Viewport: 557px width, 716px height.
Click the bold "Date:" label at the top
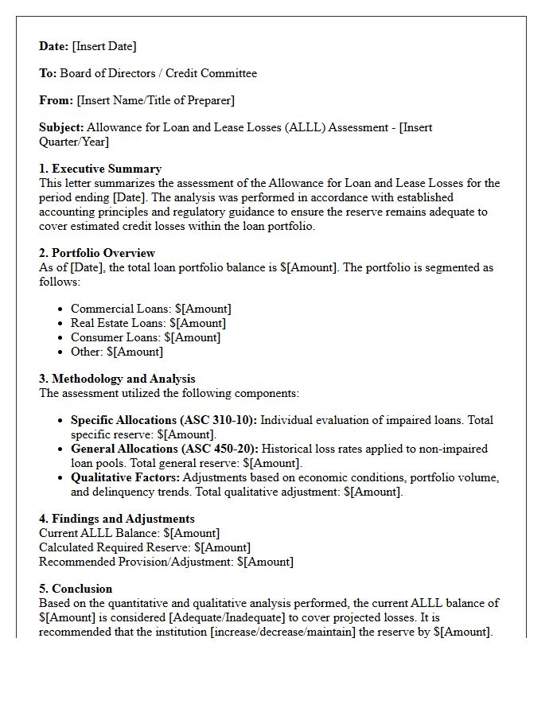(54, 46)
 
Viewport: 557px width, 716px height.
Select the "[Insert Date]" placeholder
(104, 46)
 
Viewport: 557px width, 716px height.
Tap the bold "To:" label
(48, 73)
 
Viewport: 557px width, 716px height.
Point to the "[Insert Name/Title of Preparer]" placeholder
(155, 100)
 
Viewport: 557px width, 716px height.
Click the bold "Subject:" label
(61, 127)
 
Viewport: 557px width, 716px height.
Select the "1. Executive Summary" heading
(100, 169)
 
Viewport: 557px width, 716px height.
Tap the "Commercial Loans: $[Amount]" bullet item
(151, 309)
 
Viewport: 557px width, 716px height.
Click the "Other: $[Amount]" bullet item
(117, 352)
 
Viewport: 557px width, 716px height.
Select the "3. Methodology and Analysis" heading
(117, 379)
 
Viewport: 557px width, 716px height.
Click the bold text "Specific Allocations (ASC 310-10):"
(164, 420)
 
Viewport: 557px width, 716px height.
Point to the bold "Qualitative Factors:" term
(125, 477)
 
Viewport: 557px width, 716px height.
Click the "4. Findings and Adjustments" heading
(116, 519)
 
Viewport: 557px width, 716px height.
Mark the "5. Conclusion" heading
(76, 589)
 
